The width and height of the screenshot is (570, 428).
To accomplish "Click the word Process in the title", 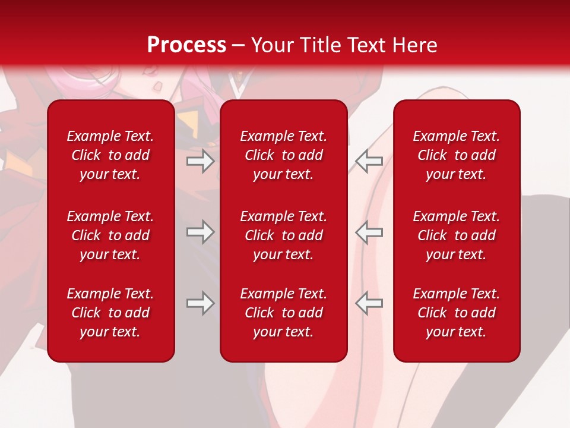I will click(x=186, y=45).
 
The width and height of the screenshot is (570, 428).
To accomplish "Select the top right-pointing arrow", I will click(x=201, y=161).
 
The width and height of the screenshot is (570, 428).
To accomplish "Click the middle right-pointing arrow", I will click(x=201, y=232).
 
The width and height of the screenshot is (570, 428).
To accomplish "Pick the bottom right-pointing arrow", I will click(x=201, y=303).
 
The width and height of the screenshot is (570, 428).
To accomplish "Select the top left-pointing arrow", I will click(x=369, y=161).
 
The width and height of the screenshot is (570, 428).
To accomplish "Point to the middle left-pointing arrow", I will click(x=369, y=232).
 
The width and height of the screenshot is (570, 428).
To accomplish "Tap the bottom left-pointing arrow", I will click(x=369, y=303).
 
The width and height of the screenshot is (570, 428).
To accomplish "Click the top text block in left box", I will click(x=110, y=155).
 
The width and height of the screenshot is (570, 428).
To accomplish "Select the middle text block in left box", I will click(x=110, y=235).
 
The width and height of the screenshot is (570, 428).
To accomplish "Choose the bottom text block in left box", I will click(x=110, y=313).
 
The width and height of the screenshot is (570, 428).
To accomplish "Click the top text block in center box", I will click(x=284, y=155).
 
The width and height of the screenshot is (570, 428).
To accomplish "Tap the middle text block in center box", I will click(x=284, y=235).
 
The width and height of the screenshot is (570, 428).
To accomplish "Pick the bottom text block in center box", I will click(x=284, y=313).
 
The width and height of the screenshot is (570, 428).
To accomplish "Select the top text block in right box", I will click(x=457, y=155).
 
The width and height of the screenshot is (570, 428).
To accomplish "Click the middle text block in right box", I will click(x=457, y=235).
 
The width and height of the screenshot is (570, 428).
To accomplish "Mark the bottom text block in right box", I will click(x=457, y=313).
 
